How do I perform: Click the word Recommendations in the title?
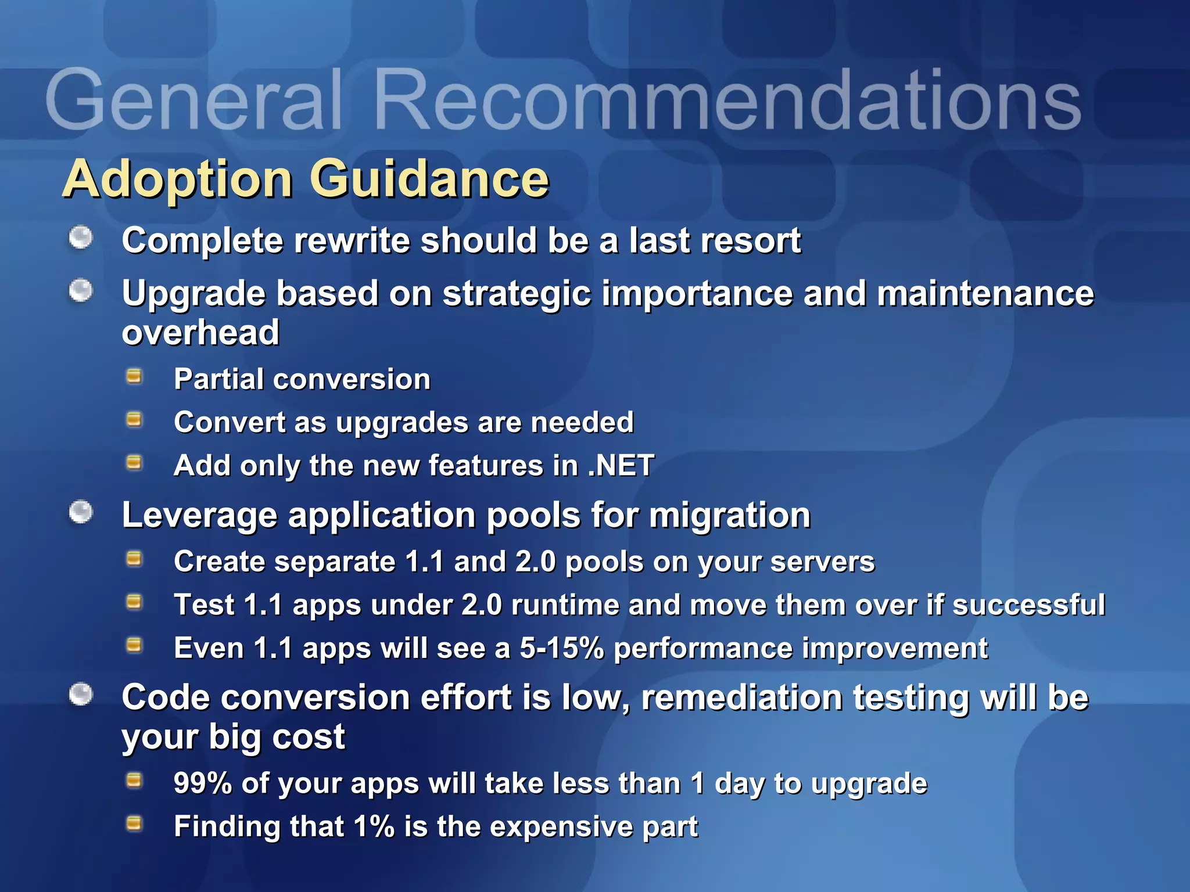pos(726,100)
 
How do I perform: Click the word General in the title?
pos(192,100)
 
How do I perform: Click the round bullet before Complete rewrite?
pos(81,238)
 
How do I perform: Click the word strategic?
pos(517,293)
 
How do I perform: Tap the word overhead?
pos(200,332)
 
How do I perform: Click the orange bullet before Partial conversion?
pos(134,377)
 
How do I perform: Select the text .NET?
pos(621,465)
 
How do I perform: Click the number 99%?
pos(203,783)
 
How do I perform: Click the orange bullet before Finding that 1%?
pos(134,823)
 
